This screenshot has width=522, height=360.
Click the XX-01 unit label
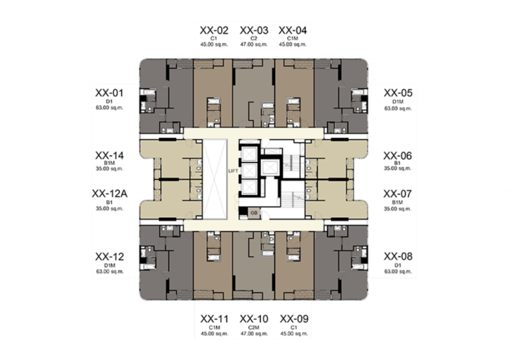[x=109, y=93]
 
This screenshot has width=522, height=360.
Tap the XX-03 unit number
[x=254, y=30]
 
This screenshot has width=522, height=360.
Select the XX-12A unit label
[x=110, y=193]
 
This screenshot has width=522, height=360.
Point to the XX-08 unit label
[x=398, y=256]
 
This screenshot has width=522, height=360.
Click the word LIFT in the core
[x=233, y=171]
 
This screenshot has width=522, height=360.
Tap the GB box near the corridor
[x=254, y=213]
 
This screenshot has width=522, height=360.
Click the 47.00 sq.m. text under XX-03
[x=254, y=44]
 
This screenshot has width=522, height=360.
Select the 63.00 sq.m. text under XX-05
[x=398, y=108]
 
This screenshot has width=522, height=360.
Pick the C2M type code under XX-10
[x=254, y=328]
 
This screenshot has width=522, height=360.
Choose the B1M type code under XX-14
[x=109, y=163]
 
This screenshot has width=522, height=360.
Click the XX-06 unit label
[x=398, y=156]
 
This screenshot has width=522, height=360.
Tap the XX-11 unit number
[x=215, y=319]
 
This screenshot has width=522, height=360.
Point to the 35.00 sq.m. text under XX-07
[x=398, y=209]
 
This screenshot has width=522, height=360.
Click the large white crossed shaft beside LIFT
[x=215, y=179]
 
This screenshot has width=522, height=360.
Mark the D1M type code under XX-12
[x=110, y=266]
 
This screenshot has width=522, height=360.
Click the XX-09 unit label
[x=294, y=319]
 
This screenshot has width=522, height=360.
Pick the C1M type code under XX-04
[x=293, y=39]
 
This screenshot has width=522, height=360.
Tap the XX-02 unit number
[x=214, y=30]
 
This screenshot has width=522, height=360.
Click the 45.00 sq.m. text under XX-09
[x=294, y=333]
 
